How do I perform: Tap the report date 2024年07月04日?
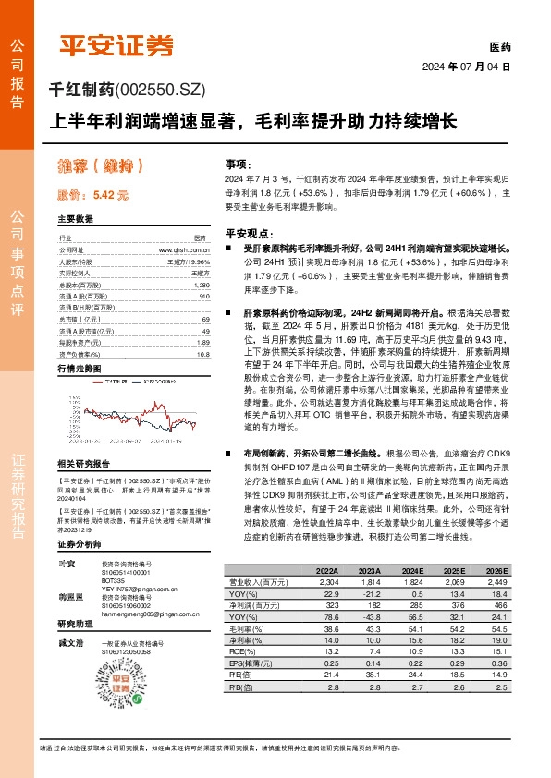coord(466,67)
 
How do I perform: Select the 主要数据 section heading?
coord(76,220)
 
